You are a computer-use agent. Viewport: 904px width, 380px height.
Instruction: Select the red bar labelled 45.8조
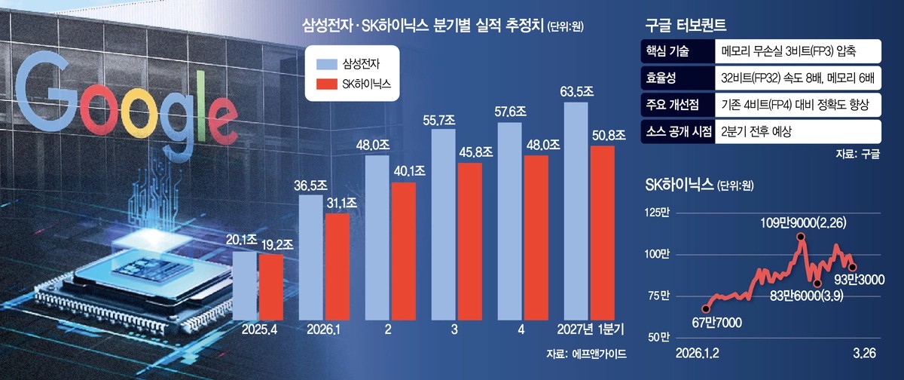[x=469, y=241]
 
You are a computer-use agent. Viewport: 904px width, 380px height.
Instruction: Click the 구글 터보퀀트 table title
[x=686, y=25]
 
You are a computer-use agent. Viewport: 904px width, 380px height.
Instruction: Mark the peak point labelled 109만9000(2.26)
[x=800, y=237]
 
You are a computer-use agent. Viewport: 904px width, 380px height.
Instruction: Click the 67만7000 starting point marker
[x=705, y=308]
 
